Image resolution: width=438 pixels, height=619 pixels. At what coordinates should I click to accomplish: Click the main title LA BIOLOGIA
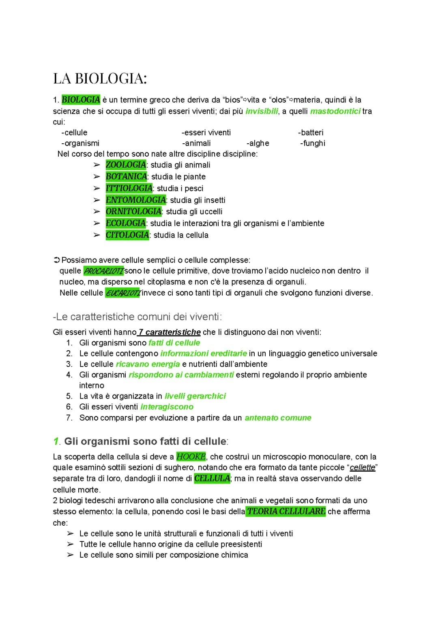click(x=100, y=78)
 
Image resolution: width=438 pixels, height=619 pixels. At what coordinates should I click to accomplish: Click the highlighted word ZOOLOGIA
click(x=126, y=165)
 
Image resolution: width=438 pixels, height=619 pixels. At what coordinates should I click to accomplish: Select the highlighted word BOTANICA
click(x=126, y=177)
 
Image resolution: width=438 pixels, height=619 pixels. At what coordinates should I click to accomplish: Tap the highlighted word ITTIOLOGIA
click(x=129, y=188)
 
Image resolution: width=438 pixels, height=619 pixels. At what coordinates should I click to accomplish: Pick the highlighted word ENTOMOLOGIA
click(x=135, y=200)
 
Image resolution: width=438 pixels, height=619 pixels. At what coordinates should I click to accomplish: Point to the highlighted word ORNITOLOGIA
click(x=133, y=211)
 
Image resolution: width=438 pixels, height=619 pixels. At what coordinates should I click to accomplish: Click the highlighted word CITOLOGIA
click(x=127, y=235)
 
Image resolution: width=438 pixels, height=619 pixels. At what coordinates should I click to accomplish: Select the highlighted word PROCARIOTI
click(x=103, y=271)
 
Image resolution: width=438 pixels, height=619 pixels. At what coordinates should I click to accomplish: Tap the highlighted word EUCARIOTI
click(x=122, y=293)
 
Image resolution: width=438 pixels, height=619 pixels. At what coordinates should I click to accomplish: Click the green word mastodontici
click(x=335, y=111)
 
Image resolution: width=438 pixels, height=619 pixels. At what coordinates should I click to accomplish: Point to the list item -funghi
click(x=312, y=143)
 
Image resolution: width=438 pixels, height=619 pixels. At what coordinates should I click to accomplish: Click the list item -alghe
click(x=258, y=143)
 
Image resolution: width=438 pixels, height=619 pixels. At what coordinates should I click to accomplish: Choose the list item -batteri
click(x=310, y=133)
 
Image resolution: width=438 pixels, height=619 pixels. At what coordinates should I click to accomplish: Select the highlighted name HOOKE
click(x=191, y=457)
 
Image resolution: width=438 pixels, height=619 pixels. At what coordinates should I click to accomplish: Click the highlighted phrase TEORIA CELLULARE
click(x=286, y=511)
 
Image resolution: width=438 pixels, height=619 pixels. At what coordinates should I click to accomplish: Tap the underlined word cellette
click(x=363, y=468)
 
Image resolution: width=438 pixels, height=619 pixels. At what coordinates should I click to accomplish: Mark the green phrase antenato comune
click(x=278, y=418)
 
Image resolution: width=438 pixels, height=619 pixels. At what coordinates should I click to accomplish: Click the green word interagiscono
click(x=167, y=407)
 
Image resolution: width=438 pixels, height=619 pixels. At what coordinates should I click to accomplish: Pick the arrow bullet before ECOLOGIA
click(x=97, y=223)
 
